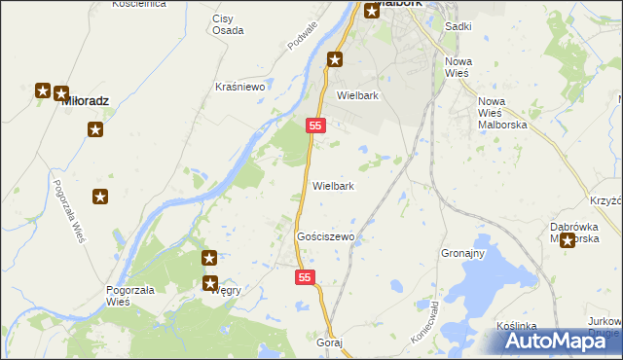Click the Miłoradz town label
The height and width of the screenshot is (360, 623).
click(x=85, y=101)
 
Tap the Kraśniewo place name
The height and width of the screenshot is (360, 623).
click(x=240, y=87)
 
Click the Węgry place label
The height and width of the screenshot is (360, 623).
click(x=227, y=290)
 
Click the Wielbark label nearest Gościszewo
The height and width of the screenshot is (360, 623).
click(x=333, y=186)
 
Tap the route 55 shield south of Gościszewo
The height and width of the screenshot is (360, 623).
click(x=306, y=278)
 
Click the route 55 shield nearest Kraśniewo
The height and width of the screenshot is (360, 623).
click(x=314, y=126)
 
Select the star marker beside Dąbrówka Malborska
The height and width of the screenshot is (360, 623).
click(x=568, y=240)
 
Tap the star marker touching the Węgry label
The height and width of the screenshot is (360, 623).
click(x=209, y=283)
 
